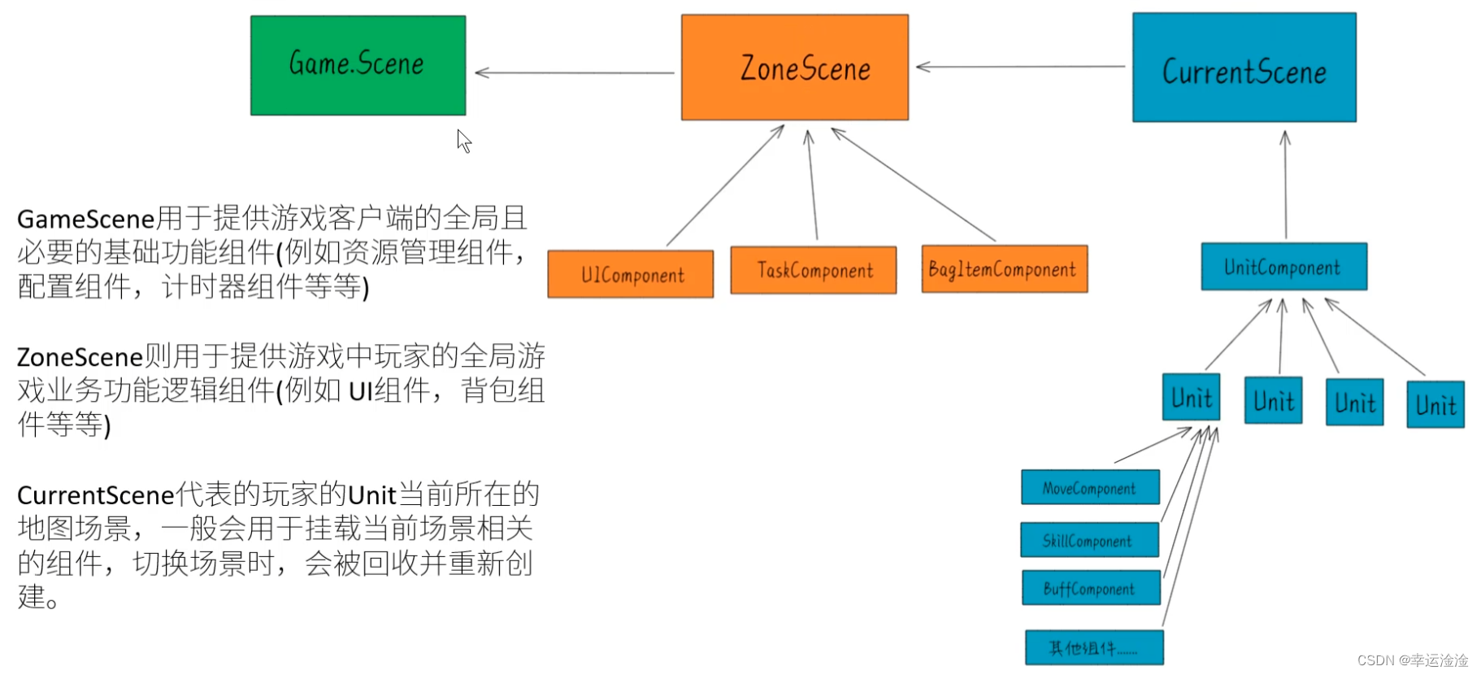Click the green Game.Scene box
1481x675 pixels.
pyautogui.click(x=358, y=65)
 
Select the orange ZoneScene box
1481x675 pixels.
pyautogui.click(x=794, y=67)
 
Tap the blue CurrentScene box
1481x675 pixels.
pyautogui.click(x=1244, y=67)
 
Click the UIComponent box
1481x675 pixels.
pyautogui.click(x=631, y=275)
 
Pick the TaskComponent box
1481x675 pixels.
pyautogui.click(x=814, y=270)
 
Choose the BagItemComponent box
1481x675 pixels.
pyautogui.click(x=1004, y=269)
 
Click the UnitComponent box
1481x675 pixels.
pyautogui.click(x=1283, y=267)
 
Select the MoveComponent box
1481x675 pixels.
pyautogui.click(x=1090, y=488)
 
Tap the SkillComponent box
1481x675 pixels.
pyautogui.click(x=1089, y=541)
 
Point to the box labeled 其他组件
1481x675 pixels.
pyautogui.click(x=1094, y=648)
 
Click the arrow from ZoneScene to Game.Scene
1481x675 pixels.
pyautogui.click(x=574, y=73)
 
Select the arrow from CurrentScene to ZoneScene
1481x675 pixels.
pyautogui.click(x=1020, y=67)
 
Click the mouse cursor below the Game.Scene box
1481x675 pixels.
pyautogui.click(x=463, y=141)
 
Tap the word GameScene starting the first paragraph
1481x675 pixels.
pyautogui.click(x=85, y=220)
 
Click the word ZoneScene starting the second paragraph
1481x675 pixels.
pyautogui.click(x=80, y=358)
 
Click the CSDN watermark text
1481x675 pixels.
pyautogui.click(x=1412, y=660)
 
